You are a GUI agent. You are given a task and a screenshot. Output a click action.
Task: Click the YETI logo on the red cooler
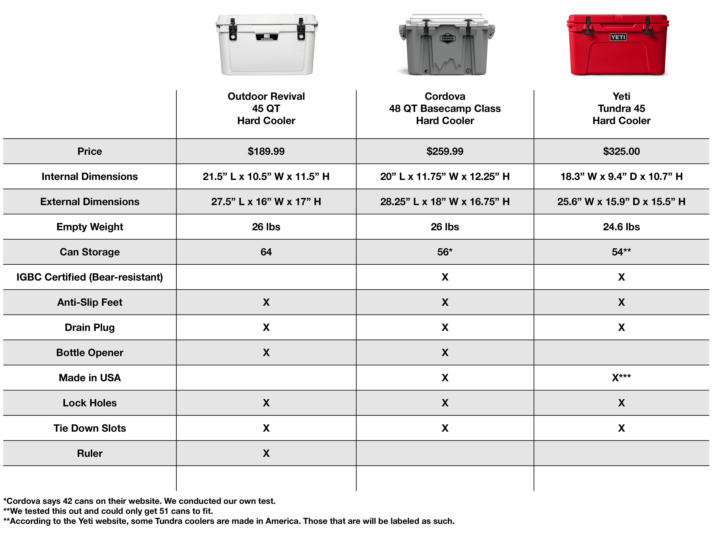tap(618, 37)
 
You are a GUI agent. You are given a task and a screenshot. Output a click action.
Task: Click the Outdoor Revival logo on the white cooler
tap(267, 37)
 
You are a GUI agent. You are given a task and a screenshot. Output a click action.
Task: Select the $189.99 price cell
tap(266, 151)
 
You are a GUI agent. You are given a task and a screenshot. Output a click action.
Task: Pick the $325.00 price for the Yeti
tap(621, 151)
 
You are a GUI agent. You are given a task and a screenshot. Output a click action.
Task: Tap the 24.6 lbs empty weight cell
tap(621, 227)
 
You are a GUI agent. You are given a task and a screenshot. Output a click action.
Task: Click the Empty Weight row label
tap(90, 227)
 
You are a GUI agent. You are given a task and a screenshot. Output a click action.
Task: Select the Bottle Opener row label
tap(90, 352)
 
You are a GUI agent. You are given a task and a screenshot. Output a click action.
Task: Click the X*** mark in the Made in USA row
tap(621, 377)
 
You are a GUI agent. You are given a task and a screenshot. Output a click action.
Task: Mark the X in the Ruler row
tap(266, 453)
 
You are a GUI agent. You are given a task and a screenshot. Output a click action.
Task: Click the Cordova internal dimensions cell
tap(445, 176)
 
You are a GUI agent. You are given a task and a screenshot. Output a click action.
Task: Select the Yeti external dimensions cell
tap(621, 202)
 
